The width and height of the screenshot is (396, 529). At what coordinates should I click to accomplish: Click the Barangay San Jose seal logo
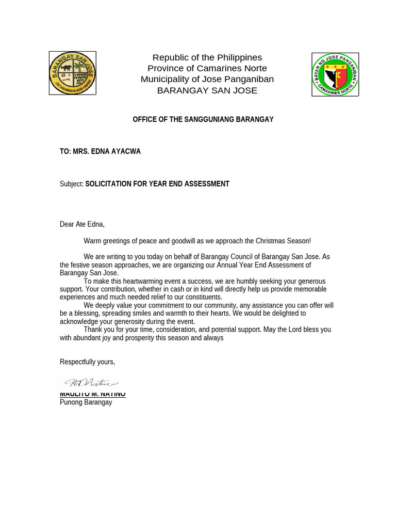(72, 73)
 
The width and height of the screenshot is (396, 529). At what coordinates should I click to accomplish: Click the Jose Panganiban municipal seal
(335, 74)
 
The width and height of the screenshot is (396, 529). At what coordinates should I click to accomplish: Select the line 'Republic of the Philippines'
(207, 57)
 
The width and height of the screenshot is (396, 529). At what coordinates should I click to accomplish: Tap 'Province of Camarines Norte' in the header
(207, 68)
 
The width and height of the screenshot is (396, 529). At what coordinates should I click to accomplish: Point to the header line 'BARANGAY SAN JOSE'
(207, 90)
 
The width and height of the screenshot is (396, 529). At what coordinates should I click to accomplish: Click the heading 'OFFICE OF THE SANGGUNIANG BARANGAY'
(203, 119)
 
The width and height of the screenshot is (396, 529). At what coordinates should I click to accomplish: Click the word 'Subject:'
(72, 184)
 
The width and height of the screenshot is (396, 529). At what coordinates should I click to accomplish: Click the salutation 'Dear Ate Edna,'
(82, 224)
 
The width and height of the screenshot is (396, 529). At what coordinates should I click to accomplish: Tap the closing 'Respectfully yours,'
(87, 362)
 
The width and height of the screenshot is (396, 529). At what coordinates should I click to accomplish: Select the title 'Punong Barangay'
(86, 402)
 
